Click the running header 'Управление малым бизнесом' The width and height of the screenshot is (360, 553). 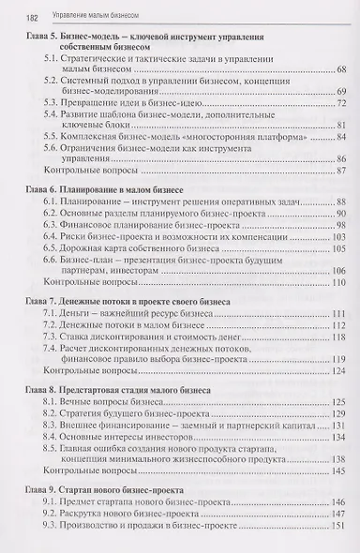pos(84,16)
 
